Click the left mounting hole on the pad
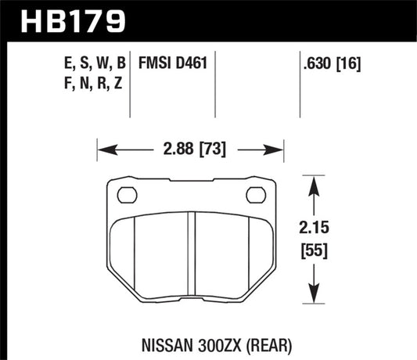[x=125, y=195]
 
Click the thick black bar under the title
[x=208, y=39]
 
